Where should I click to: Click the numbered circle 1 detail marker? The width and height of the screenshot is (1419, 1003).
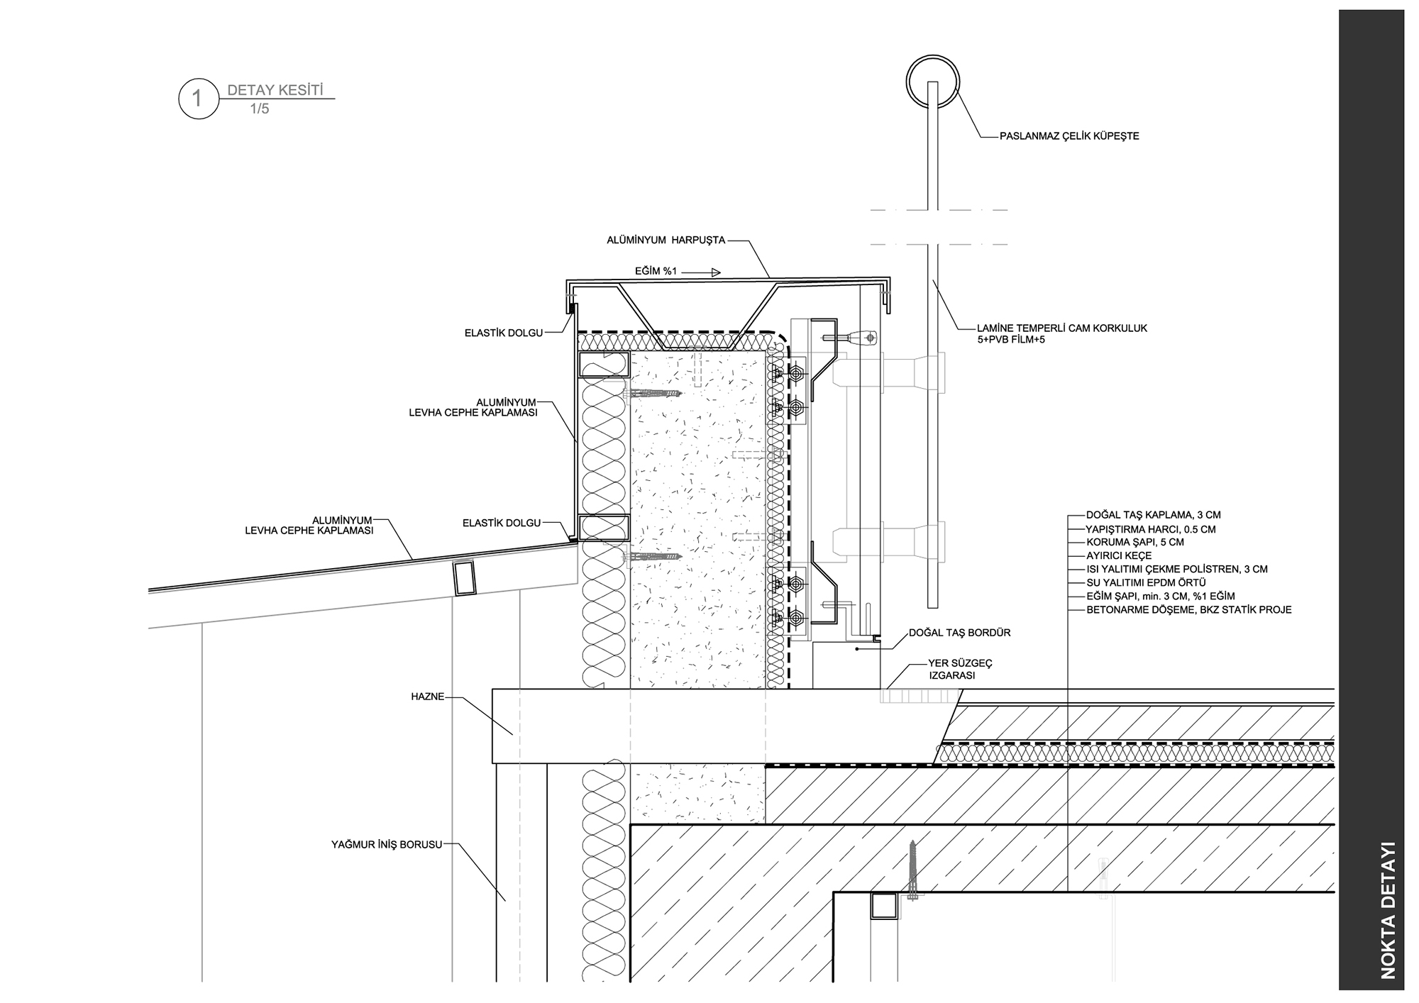[198, 99]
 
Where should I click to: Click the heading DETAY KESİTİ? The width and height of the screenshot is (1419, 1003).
[275, 91]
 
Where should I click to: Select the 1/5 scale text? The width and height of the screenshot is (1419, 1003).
[260, 109]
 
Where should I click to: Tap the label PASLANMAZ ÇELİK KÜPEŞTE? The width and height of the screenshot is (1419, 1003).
[1069, 136]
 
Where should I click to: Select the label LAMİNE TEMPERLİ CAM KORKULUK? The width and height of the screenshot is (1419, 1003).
[1062, 328]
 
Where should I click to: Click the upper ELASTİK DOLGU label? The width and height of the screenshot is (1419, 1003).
[504, 333]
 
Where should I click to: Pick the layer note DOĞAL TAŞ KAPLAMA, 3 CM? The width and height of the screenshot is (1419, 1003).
[1154, 516]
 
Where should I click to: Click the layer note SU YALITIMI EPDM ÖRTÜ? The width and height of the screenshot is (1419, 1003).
[1146, 583]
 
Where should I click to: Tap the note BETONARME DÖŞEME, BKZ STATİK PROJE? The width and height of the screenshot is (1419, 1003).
[1189, 610]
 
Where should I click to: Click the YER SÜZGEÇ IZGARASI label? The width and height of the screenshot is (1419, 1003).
[961, 670]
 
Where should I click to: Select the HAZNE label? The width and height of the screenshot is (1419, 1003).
[428, 697]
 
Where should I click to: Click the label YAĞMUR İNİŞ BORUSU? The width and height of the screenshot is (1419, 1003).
[387, 845]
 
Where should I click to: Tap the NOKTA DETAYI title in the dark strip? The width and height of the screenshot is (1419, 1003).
[1388, 911]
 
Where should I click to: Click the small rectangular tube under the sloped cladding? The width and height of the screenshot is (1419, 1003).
[464, 577]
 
